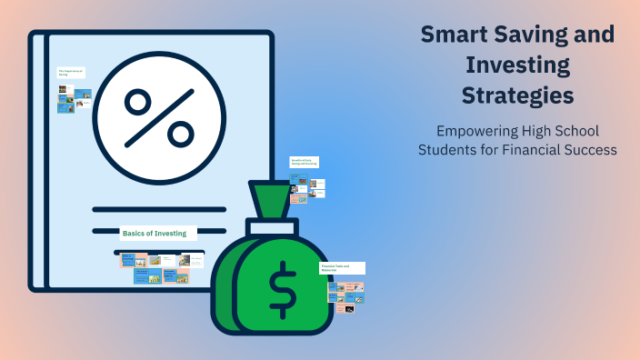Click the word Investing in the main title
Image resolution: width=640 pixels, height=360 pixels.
pos(516,65)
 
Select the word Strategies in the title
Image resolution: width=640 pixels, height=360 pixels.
pos(516,95)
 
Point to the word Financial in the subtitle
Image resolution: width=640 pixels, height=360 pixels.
pos(531,149)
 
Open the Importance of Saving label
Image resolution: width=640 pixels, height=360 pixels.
pos(71,72)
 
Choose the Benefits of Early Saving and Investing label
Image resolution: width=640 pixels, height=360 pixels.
pos(304,162)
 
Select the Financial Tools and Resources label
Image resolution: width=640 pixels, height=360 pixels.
pos(342,268)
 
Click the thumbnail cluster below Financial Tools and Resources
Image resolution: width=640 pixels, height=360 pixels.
pos(346,295)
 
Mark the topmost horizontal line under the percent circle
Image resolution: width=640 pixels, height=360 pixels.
pos(159,208)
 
